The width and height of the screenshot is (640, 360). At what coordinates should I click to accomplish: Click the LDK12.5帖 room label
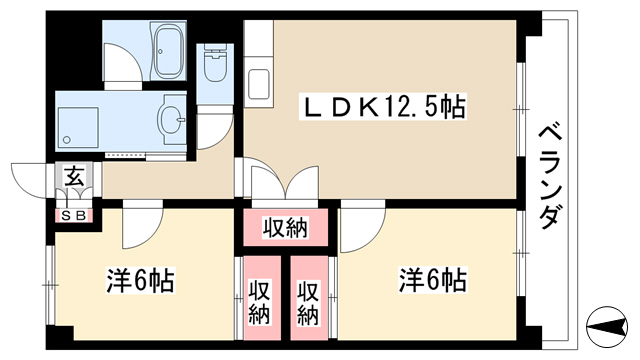[383, 107]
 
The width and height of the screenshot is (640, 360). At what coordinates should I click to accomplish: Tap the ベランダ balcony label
[548, 176]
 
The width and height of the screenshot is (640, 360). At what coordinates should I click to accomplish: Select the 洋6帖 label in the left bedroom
[140, 280]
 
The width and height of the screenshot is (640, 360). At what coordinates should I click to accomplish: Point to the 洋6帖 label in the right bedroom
[432, 280]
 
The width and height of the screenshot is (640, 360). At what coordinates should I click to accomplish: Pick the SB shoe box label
[74, 216]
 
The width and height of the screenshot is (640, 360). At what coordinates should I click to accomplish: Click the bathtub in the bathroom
[169, 51]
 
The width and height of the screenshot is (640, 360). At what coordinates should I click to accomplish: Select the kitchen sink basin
[258, 85]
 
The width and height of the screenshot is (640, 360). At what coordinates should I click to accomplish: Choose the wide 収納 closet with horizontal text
[285, 227]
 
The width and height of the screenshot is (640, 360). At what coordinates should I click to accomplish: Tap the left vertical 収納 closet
[262, 298]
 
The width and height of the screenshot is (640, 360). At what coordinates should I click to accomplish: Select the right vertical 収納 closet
[309, 298]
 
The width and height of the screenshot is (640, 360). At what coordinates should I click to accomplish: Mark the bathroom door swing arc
[131, 56]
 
